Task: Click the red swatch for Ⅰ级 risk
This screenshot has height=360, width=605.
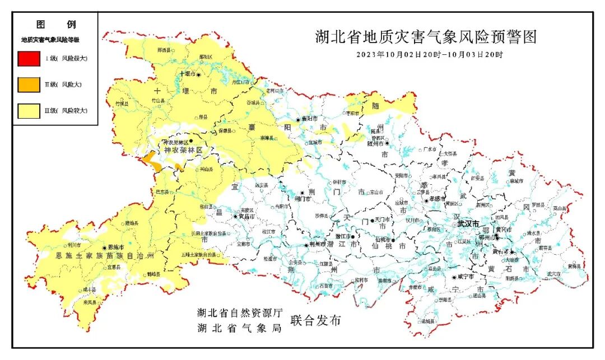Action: tap(29, 58)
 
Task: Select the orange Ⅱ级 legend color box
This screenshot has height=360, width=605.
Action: tap(29, 85)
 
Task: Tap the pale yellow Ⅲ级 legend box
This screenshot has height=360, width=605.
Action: tap(29, 111)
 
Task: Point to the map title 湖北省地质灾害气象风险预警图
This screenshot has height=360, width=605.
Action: tap(426, 38)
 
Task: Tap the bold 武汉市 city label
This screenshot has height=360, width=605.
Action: tap(468, 223)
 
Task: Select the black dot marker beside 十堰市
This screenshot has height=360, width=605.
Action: tap(198, 74)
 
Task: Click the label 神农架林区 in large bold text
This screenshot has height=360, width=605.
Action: tap(183, 151)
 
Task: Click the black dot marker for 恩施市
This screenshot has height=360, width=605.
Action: tap(104, 247)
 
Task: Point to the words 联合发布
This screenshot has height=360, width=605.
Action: tap(315, 321)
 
